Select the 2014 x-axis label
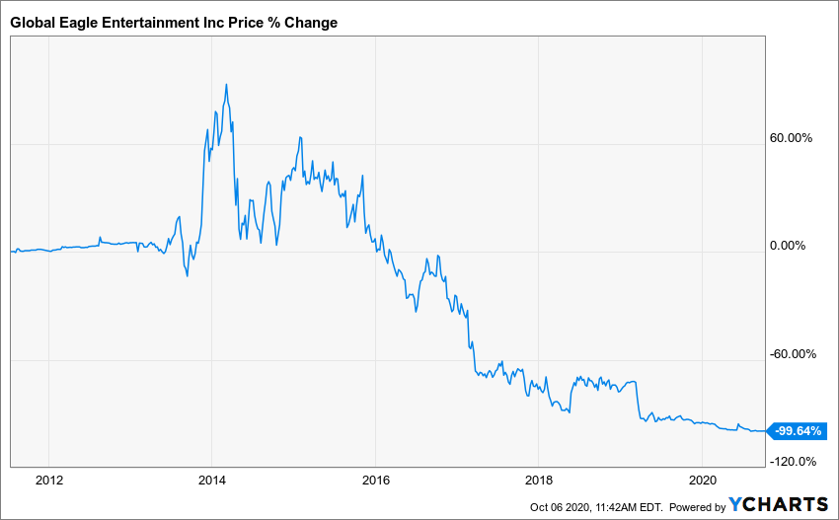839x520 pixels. point(211,481)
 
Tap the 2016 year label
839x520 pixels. point(375,481)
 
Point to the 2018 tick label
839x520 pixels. point(538,481)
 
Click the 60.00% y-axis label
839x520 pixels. point(792,138)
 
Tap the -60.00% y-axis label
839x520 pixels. point(790,354)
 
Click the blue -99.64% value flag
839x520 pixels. point(798,431)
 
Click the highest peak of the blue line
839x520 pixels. point(226,85)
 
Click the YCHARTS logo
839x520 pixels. point(779,505)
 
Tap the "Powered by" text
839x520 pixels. point(697,507)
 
